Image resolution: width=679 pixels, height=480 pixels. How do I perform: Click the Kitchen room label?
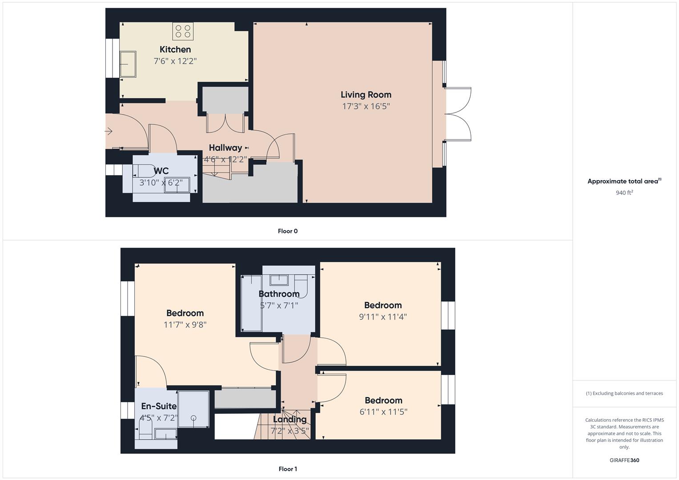coord(175,49)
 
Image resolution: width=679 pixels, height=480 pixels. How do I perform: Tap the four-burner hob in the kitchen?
coord(183,31)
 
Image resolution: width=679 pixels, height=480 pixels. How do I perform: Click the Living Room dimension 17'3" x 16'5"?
coord(366,106)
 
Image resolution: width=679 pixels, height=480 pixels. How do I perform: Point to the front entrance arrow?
coord(109,131)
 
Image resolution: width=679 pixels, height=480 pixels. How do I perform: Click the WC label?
coord(161,171)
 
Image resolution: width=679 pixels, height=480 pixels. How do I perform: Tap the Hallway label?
coord(225,148)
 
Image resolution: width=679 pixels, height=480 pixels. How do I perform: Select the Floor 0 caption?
coord(288,231)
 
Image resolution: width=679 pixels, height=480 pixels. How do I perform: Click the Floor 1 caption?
coord(288,469)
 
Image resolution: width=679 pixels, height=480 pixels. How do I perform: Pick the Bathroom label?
coord(279,294)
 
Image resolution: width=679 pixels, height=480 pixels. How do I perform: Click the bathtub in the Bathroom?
coord(251,304)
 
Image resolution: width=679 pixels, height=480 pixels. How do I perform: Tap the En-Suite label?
coord(159,406)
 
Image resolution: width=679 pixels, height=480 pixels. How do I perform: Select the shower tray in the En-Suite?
coord(193,409)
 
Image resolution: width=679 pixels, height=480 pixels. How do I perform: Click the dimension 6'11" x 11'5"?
coord(383,412)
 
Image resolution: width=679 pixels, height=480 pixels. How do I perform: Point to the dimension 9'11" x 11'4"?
coord(383,317)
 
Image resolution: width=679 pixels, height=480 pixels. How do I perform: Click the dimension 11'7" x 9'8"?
coord(185,325)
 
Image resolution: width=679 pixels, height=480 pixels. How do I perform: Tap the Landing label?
coord(289,419)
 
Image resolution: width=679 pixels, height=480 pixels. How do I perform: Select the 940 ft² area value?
coord(624,193)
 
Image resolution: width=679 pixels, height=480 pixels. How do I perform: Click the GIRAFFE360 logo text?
coord(624,460)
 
